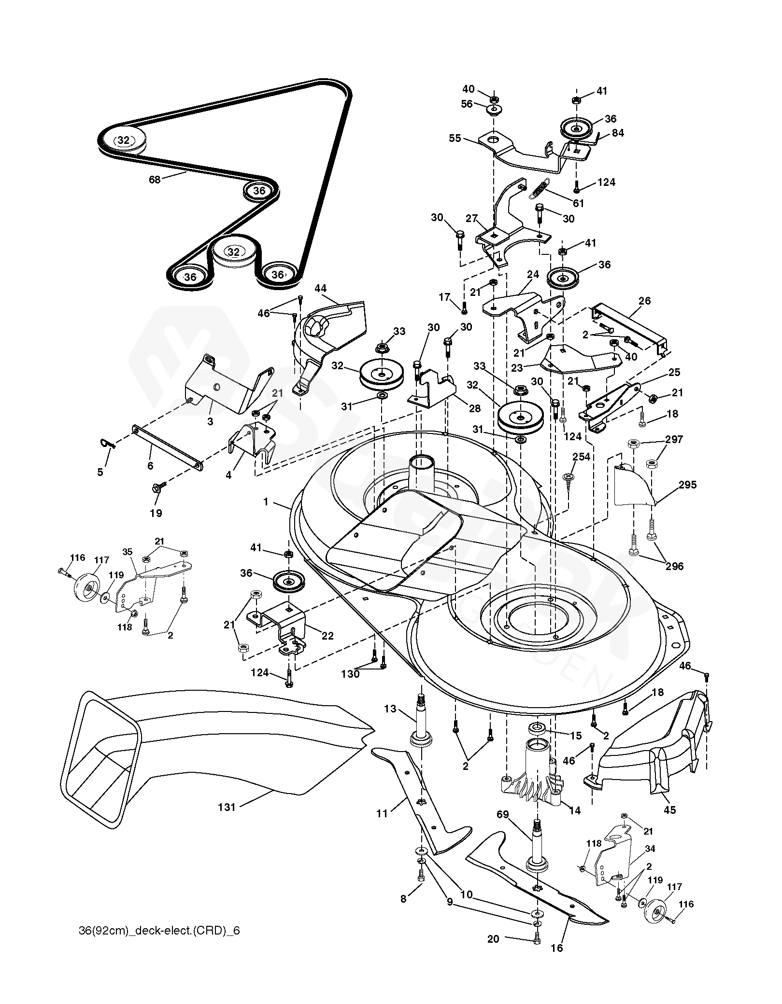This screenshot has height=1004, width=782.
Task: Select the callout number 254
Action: [x=582, y=457]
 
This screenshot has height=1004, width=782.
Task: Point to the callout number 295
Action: [x=687, y=485]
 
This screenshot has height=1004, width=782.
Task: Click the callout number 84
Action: [x=618, y=133]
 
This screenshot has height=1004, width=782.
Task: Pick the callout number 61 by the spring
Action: [x=578, y=203]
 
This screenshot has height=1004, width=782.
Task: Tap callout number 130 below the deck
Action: [x=350, y=674]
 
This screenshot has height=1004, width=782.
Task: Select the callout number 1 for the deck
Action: [x=266, y=502]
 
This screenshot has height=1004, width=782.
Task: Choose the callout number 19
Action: [x=156, y=513]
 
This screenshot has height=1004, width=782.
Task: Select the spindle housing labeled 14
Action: [x=531, y=772]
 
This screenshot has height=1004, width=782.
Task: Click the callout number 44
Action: [x=321, y=289]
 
